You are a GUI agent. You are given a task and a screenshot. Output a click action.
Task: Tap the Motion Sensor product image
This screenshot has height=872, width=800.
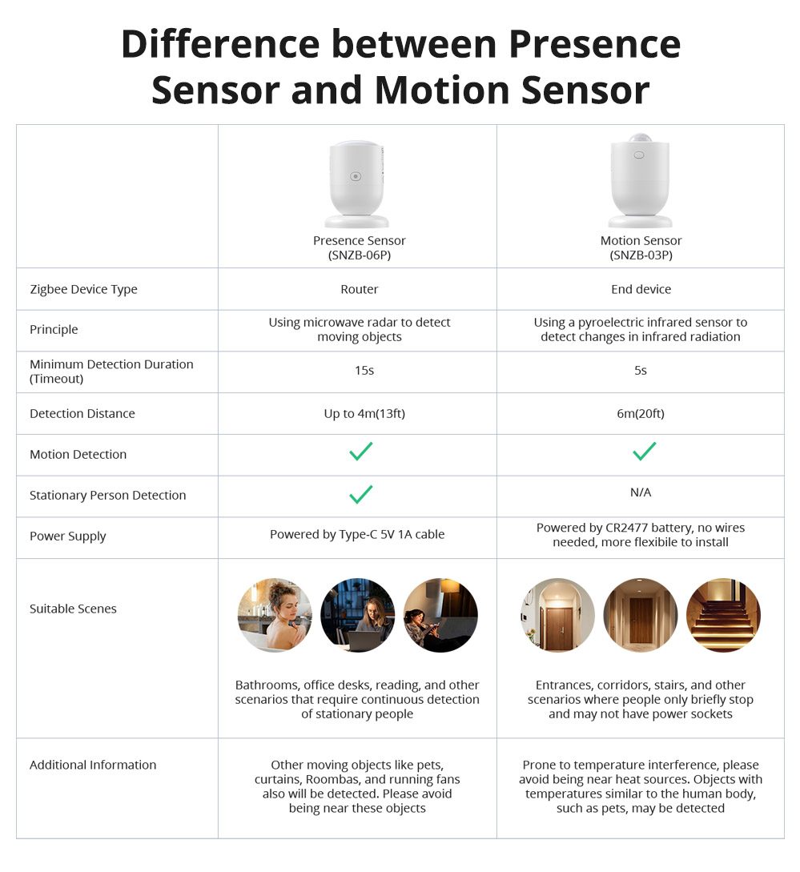click(640, 181)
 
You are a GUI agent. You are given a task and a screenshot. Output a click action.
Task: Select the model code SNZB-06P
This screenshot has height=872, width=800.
click(360, 255)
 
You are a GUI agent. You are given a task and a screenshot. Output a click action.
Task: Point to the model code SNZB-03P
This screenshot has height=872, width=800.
click(641, 255)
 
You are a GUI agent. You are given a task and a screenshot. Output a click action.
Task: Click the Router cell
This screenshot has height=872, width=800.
click(359, 289)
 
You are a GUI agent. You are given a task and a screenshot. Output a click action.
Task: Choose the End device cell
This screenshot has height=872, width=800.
click(641, 289)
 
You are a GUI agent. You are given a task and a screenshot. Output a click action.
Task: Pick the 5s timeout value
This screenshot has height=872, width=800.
click(640, 371)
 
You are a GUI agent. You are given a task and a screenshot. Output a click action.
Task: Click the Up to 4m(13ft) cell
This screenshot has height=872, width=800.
click(359, 414)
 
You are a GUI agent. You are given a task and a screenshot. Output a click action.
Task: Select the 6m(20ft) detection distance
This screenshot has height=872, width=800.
click(640, 414)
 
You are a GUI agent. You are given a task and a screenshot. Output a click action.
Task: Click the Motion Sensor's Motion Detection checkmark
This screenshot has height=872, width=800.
click(644, 452)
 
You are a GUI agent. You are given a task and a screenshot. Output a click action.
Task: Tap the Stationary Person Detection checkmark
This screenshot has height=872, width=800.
click(360, 494)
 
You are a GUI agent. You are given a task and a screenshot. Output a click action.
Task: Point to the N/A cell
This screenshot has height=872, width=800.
click(641, 492)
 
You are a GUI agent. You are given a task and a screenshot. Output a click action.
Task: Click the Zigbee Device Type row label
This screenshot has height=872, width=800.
click(83, 289)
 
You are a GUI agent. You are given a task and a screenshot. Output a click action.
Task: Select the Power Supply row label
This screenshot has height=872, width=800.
click(67, 536)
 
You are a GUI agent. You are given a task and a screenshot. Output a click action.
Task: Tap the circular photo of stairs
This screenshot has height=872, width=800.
click(723, 615)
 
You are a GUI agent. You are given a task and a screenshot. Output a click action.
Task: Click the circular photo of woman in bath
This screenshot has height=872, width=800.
click(275, 615)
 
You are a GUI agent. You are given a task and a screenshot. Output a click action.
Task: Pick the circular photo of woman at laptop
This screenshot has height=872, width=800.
click(357, 615)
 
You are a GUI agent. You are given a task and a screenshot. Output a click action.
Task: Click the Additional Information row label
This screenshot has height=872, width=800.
click(93, 765)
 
